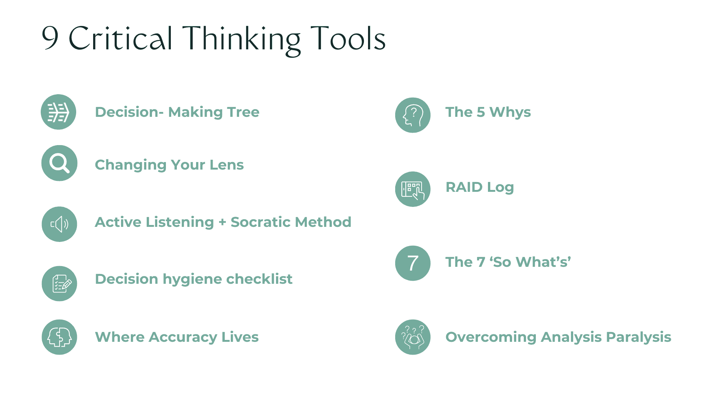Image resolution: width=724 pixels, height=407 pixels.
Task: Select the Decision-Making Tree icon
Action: coord(58,112)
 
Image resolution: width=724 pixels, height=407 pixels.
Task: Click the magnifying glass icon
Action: coord(59,163)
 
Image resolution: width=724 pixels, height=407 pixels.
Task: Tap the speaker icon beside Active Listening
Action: coord(59,224)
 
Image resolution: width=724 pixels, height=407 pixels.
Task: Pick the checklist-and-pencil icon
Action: coord(59,284)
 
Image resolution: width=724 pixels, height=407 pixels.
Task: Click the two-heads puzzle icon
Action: coord(59,337)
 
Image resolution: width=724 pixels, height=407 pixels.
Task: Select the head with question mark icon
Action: coord(413,115)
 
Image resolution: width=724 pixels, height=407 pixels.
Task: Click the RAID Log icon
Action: coord(413,189)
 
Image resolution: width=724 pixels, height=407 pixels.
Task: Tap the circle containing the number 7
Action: coord(413,263)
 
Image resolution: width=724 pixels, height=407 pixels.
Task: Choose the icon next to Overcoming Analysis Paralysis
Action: coord(413,337)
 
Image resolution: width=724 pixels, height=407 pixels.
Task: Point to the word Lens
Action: coord(227,165)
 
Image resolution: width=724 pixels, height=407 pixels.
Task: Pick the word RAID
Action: coord(464,187)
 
